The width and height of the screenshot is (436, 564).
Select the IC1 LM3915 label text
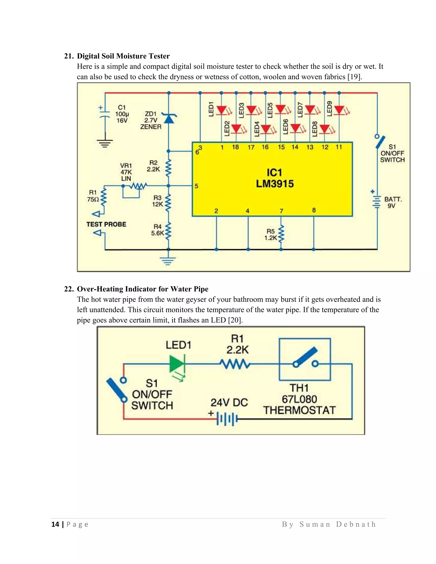[x=275, y=178]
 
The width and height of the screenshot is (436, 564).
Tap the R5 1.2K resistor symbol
[x=281, y=234]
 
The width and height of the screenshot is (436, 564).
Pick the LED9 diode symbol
[x=339, y=110]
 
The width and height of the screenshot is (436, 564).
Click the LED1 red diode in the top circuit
[x=221, y=110]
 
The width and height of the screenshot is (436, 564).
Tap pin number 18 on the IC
[x=235, y=147]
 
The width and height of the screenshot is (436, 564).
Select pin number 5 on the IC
[x=196, y=186]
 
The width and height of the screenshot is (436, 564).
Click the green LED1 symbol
[x=177, y=364]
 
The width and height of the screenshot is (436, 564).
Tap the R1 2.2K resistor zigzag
[x=235, y=364]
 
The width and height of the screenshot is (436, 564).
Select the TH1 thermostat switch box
[x=305, y=359]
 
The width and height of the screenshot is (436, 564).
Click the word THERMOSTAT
[x=299, y=410]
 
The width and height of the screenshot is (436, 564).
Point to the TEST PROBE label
[x=106, y=224]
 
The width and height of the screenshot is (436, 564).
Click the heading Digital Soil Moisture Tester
[x=123, y=56]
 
